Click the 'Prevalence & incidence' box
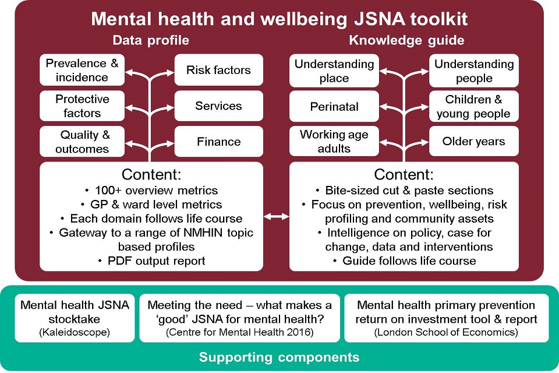pos(82,70)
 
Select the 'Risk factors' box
pos(218,70)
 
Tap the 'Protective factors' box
pos(82,105)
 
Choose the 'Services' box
pos(218,105)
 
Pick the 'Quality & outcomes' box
pos(82,142)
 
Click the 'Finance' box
pos(218,142)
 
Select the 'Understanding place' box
pos(334,71)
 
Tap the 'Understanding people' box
pos(474,71)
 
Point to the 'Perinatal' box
pos(334,106)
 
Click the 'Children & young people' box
pos(474,106)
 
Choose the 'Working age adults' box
pos(334,141)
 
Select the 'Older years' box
pos(474,141)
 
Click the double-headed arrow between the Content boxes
pos(276,216)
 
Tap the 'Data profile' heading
pos(151,40)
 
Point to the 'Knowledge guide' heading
pos(407,40)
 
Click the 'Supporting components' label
pos(279,357)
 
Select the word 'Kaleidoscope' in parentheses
pos(75,332)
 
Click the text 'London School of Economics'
pos(446,332)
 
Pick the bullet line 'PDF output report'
pos(152,261)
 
